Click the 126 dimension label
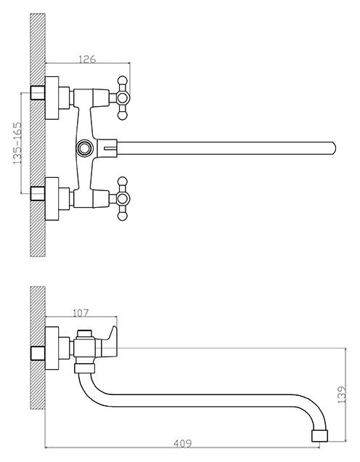tap(87, 59)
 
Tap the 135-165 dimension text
tap(17, 143)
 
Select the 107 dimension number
tap(80, 313)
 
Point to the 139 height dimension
tap(341, 394)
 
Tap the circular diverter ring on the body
tap(84, 148)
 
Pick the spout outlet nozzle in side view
tap(319, 435)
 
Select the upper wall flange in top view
tap(52, 98)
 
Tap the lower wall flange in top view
tap(52, 198)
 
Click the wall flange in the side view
tap(52, 348)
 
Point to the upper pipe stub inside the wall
tap(38, 93)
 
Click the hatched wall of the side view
tap(38, 348)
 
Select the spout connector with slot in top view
tap(107, 148)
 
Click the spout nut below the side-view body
tap(85, 368)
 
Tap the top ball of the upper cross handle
tap(122, 81)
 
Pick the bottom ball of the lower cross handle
tap(122, 216)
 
